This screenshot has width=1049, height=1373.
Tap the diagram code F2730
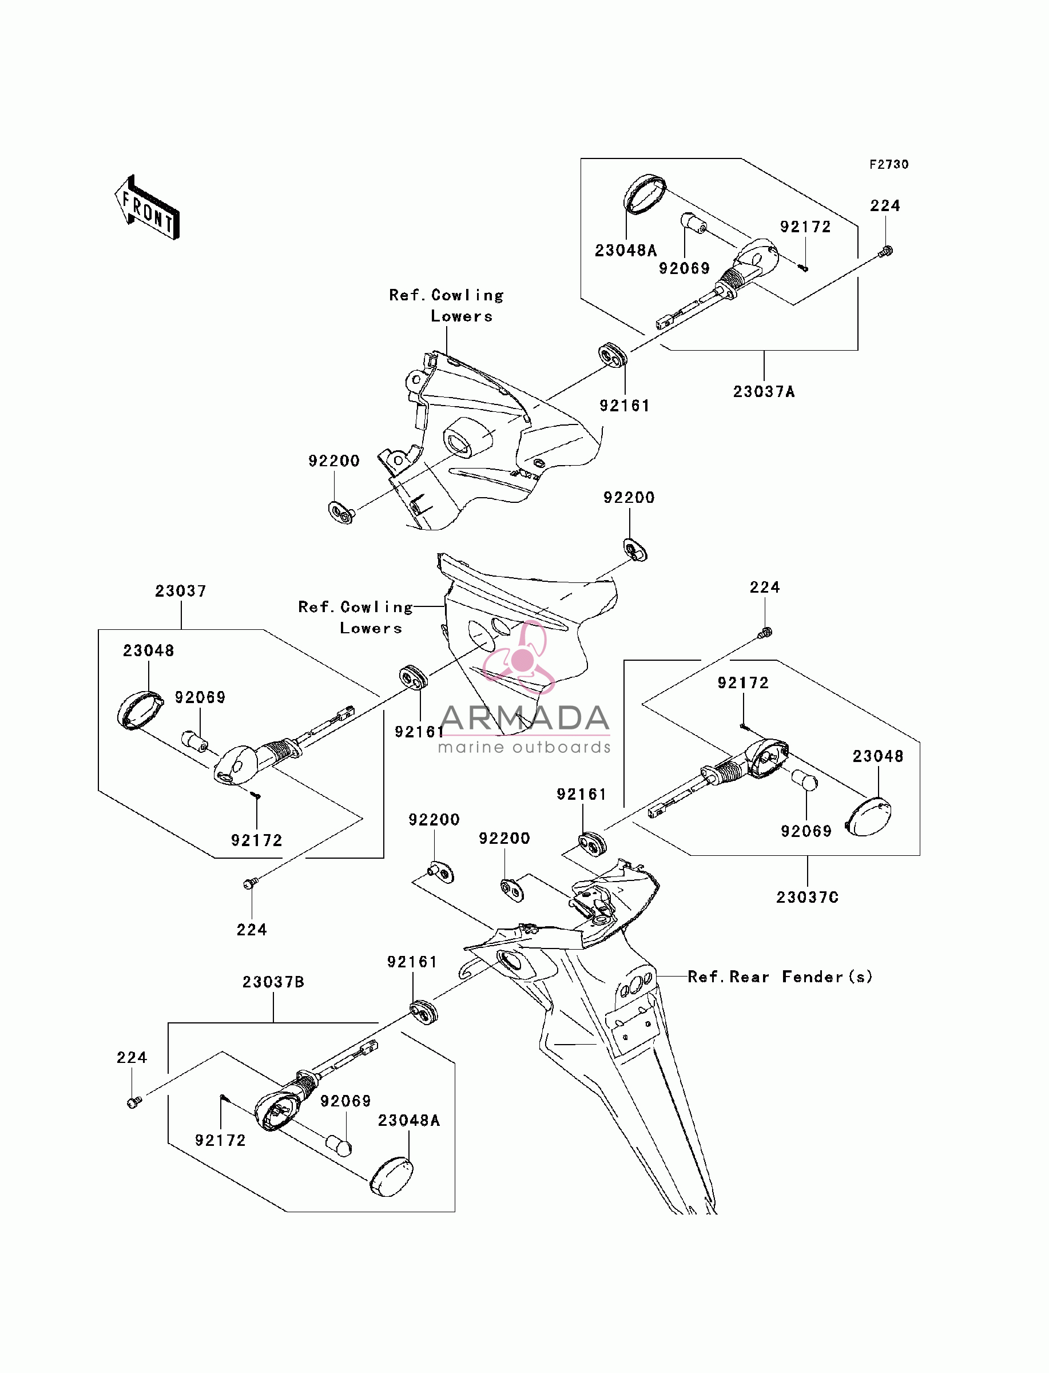tap(889, 165)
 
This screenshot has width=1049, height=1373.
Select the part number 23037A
tap(764, 391)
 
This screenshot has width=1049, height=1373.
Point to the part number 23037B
tap(273, 982)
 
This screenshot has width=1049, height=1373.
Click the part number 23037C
tap(808, 897)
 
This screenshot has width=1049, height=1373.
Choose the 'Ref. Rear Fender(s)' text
tap(780, 977)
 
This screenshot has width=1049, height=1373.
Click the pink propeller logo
tap(519, 657)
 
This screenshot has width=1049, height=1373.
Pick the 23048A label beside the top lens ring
tap(626, 251)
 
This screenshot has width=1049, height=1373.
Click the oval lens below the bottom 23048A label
tap(391, 1177)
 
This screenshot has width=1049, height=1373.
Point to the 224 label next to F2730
tap(885, 206)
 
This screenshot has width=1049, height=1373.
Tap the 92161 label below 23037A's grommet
tap(625, 406)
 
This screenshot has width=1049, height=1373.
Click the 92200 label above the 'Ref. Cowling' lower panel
tap(629, 498)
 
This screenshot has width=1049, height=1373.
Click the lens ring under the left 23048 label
tap(140, 711)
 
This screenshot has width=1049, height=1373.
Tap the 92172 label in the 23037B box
tap(220, 1140)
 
